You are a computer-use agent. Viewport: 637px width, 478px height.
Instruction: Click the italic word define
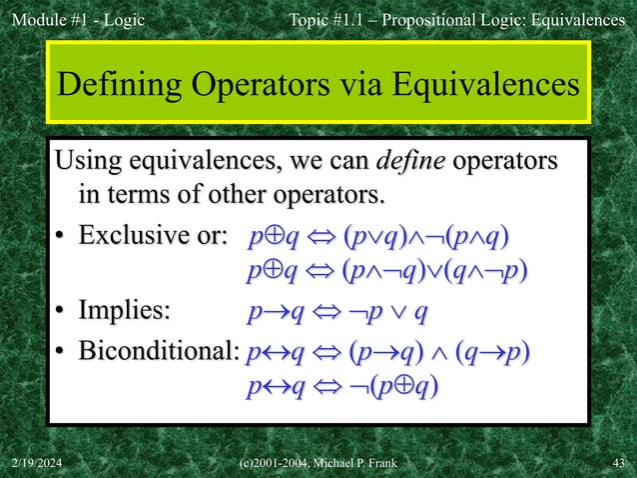(x=411, y=161)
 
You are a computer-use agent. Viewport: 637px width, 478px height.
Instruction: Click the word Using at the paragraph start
(x=91, y=161)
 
